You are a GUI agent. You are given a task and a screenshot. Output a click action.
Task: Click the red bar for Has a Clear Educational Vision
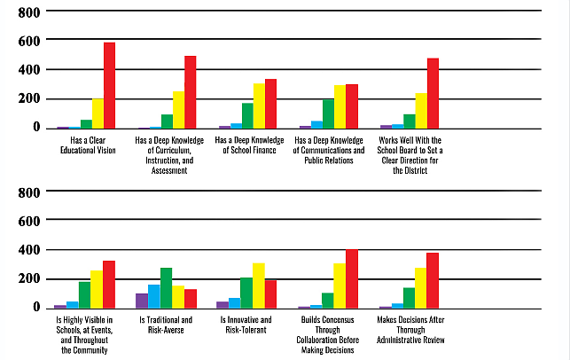109,85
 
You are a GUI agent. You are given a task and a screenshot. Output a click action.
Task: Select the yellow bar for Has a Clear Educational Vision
98,113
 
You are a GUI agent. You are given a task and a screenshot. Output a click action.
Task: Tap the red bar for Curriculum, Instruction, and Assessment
190,92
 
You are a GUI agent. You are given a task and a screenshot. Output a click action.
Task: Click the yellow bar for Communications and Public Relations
340,106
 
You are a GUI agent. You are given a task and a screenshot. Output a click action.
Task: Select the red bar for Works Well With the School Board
433,93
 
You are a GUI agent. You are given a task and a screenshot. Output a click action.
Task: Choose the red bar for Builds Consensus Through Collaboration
352,278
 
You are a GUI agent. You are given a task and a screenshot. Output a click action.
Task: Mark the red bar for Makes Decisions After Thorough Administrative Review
433,280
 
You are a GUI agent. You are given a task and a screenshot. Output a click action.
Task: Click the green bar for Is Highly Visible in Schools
85,294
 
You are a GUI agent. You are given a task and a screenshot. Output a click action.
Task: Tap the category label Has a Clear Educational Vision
85,144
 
